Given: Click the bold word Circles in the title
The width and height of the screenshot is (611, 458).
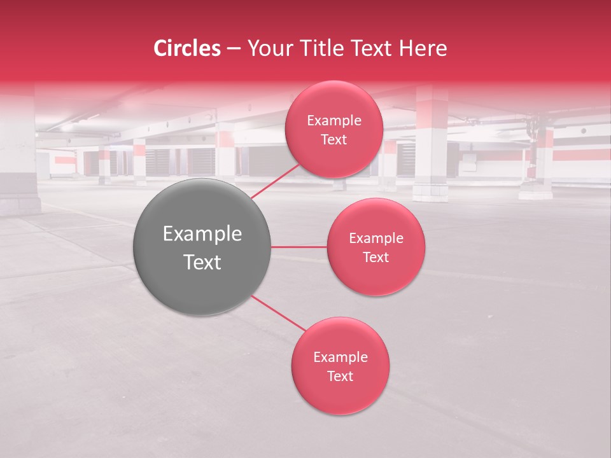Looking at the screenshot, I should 187,48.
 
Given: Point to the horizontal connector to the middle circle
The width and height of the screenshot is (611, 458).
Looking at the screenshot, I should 299,247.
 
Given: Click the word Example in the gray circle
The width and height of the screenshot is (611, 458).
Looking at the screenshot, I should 202,234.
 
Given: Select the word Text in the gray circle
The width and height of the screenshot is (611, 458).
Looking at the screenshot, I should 202,262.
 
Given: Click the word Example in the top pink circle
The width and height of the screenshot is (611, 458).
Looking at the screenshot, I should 334,121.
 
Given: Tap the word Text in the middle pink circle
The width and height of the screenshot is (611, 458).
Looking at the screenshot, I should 376,258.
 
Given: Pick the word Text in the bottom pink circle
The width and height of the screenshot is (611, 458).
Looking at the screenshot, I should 341,377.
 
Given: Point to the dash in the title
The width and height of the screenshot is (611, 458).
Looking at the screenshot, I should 234,49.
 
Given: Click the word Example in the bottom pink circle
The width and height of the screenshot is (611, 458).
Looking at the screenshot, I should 341,357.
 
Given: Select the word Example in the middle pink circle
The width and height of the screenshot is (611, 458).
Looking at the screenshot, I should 376,239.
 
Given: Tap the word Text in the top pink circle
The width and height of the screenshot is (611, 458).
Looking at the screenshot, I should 334,140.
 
